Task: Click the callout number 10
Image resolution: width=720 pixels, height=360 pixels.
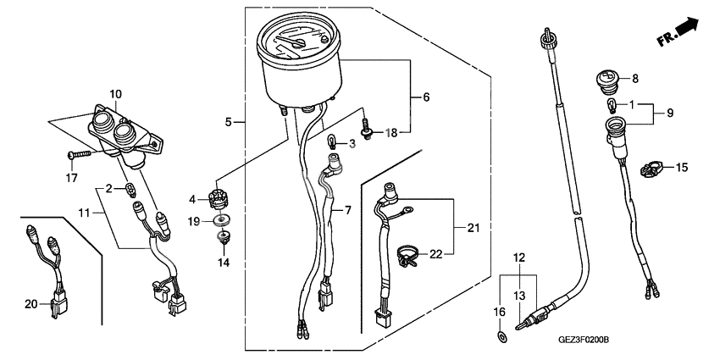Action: [116, 93]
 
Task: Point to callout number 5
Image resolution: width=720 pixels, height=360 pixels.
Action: [229, 123]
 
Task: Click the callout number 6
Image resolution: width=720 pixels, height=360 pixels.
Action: [426, 97]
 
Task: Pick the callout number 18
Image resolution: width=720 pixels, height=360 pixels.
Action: [391, 133]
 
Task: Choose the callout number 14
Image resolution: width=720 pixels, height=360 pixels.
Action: [224, 263]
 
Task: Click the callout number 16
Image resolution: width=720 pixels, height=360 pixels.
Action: [498, 313]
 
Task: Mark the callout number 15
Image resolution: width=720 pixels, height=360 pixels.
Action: [682, 169]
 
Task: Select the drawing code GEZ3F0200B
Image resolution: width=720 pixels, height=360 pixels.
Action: [584, 340]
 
